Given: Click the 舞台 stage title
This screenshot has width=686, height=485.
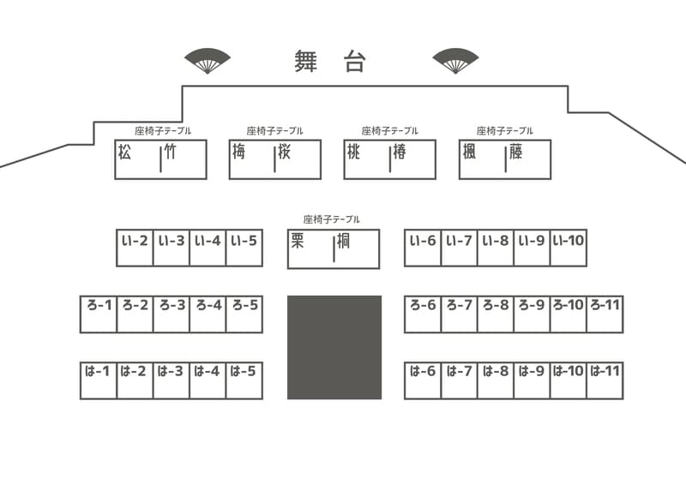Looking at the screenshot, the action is point(330,61).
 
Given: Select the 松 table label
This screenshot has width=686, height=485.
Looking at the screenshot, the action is point(124,153).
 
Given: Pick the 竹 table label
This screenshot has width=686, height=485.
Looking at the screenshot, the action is point(170,153).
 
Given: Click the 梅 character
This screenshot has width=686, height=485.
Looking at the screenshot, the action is point(239,153).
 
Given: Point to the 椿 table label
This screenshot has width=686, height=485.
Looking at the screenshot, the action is point(400,153).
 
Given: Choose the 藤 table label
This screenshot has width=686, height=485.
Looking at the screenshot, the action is point(516,153).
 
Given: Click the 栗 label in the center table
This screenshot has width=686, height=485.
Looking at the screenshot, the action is point(298,241).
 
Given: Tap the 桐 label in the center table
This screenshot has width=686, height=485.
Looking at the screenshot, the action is point(343,241).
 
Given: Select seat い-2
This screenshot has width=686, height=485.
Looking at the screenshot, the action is point(135,248).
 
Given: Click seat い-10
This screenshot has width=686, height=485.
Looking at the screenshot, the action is point(569,248).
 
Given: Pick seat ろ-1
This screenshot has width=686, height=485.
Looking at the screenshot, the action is point(99,314).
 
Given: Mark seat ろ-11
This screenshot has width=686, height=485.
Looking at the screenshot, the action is point(605,314).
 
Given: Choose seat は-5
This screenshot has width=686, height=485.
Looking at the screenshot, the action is point(244,381).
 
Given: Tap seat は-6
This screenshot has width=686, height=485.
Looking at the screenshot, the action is point(423,381).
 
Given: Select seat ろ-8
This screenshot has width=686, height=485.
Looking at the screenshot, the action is point(496,314).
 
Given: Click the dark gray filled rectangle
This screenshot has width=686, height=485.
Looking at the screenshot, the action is point(334,347).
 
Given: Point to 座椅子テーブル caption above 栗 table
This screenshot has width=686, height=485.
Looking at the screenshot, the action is point(332,219).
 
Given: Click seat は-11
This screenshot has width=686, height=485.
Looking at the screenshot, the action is point(605,381).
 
